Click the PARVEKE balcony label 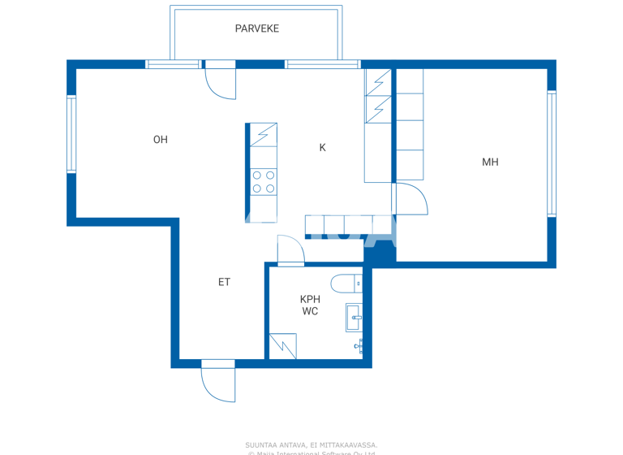point(256,28)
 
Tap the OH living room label point(161,140)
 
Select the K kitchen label point(322,147)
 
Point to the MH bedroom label point(490,162)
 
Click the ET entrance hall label point(224,282)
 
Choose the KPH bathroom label point(310,299)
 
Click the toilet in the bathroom point(346,284)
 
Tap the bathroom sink point(354,318)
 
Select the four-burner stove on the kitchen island point(263,182)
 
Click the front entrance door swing point(217,384)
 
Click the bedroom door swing point(410,200)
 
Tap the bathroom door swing point(290,250)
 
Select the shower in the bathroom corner point(283,346)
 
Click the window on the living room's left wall point(71,134)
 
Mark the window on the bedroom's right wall point(552,154)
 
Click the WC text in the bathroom point(310,311)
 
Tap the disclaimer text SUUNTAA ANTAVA point(311,444)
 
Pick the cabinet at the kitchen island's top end point(263,135)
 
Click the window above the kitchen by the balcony point(322,64)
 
